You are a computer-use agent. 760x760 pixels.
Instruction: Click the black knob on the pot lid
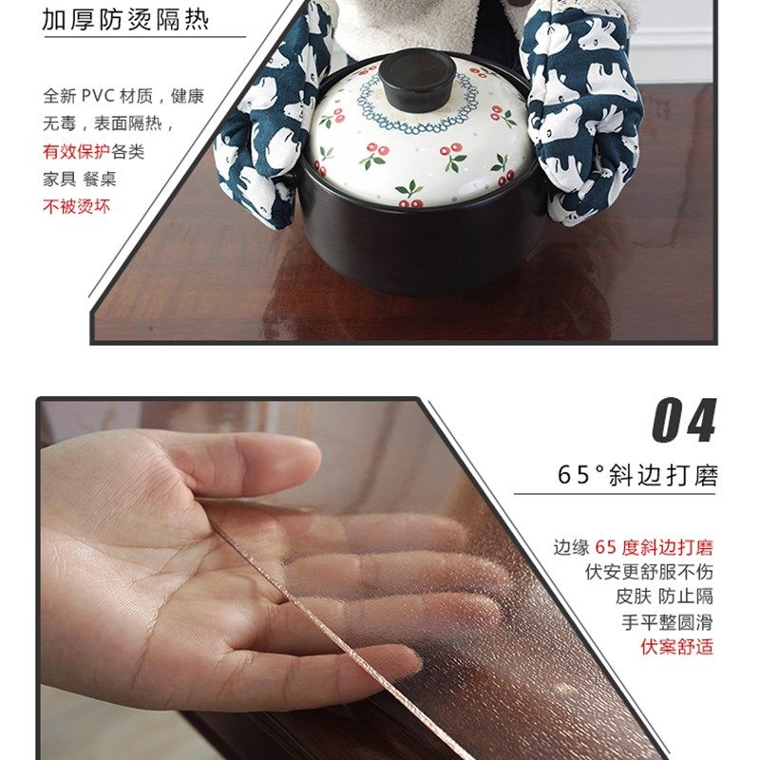point(419,77)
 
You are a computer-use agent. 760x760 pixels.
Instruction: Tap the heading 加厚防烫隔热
point(125,20)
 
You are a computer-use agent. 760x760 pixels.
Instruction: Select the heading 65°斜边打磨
point(636,475)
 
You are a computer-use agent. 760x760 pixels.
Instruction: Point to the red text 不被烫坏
point(76,206)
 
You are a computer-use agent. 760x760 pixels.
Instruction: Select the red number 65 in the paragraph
point(607,547)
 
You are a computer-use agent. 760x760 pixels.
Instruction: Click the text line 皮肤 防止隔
point(664,598)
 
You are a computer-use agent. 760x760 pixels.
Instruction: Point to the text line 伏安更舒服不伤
point(649,573)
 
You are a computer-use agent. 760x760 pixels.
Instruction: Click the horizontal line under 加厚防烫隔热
point(142,38)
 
